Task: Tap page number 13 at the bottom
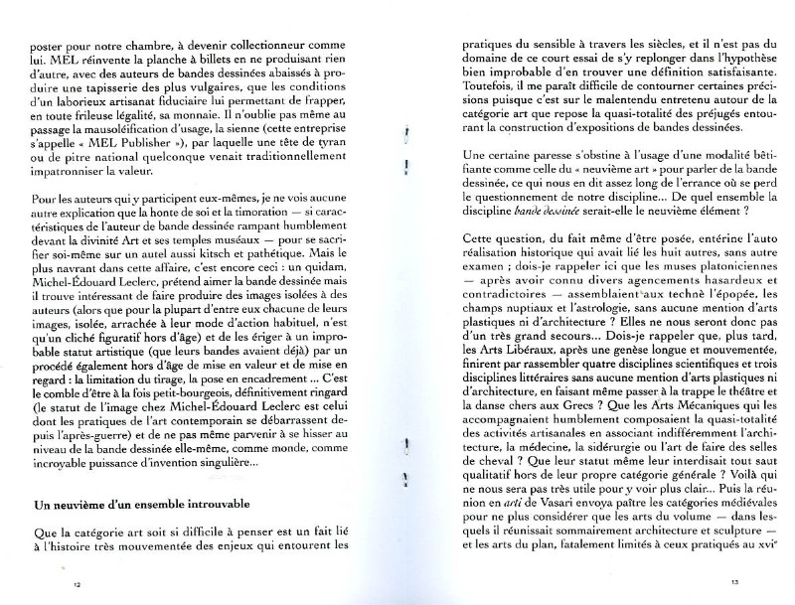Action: click(x=735, y=582)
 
